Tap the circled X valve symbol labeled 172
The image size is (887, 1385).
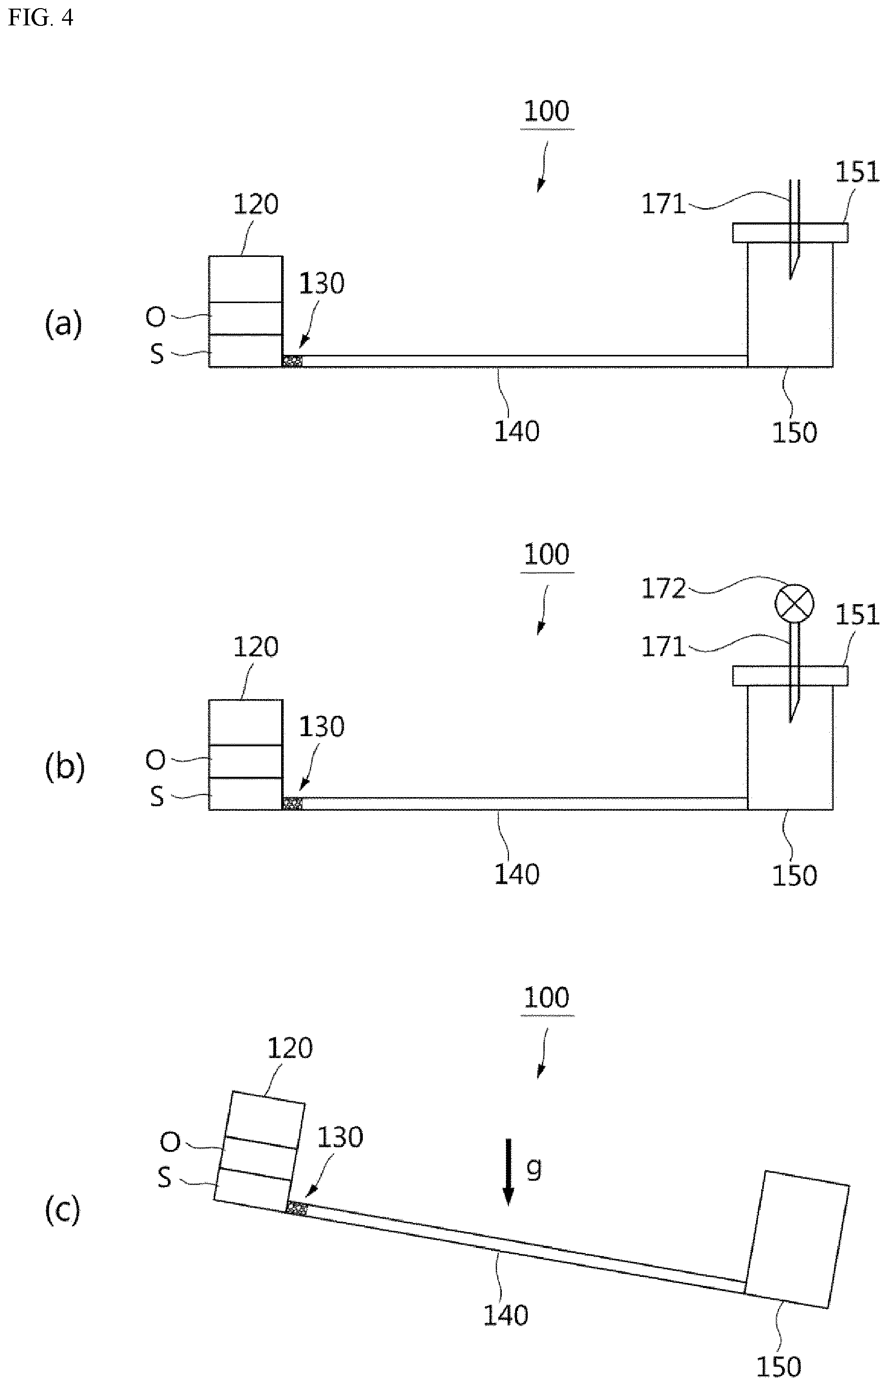[794, 603]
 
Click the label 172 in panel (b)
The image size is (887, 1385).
[664, 588]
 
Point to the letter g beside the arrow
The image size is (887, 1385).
[534, 1171]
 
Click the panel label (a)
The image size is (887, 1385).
[63, 324]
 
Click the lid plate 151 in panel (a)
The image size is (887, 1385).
[790, 233]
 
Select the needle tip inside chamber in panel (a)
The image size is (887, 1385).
[790, 279]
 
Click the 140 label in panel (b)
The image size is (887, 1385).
[517, 874]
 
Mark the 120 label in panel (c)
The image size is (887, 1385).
[290, 1048]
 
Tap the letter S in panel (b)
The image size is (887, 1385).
[157, 798]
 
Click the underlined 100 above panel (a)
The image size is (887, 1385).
[547, 111]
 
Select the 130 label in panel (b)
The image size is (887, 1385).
[321, 727]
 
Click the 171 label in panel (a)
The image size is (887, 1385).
[664, 204]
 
